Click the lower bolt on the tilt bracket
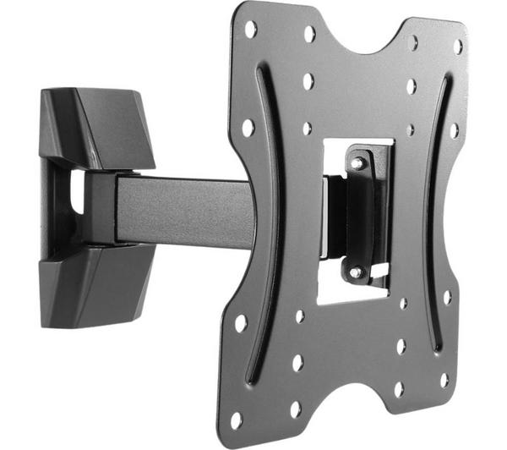click(x=356, y=272)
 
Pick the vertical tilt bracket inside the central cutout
click(x=358, y=216)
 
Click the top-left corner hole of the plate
click(x=250, y=30)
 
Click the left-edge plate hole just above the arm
click(x=248, y=128)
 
